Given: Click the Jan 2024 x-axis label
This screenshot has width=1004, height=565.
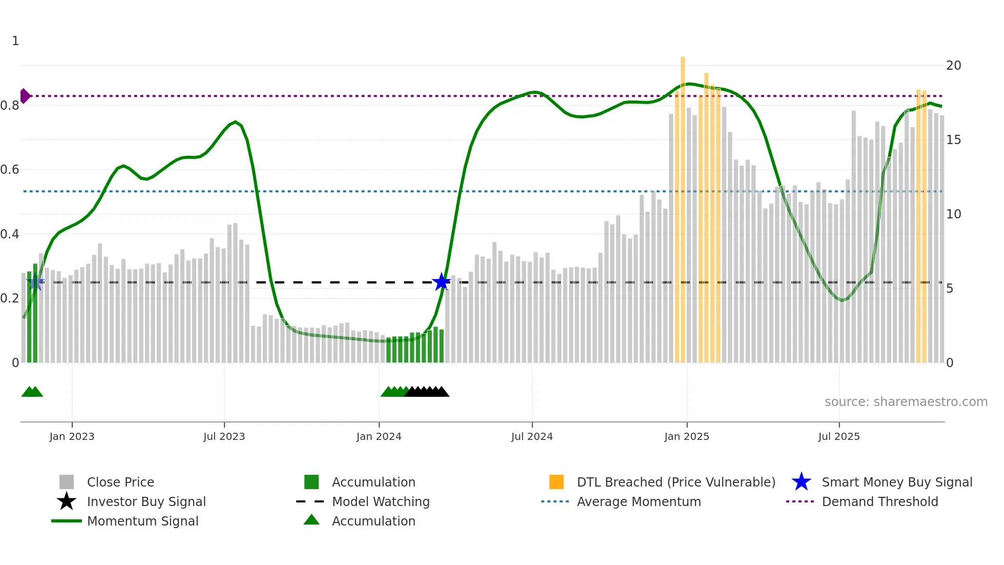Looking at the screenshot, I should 379,436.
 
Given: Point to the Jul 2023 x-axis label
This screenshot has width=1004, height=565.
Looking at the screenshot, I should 224,436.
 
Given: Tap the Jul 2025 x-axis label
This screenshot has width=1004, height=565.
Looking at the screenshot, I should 839,436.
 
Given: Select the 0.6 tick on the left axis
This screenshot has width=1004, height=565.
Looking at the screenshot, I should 10,170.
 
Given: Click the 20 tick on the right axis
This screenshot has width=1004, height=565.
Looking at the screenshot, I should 953,66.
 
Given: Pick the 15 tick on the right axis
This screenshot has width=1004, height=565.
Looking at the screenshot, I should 953,140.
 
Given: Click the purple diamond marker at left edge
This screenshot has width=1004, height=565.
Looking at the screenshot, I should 25,96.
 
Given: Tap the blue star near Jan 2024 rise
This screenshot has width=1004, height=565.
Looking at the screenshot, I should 441,282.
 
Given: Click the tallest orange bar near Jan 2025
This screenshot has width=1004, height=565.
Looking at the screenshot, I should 682,205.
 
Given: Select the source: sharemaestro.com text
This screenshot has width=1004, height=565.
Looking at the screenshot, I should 906,402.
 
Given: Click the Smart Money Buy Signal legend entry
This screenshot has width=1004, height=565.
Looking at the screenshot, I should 896,482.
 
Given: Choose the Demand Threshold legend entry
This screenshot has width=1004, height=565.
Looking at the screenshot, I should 880,501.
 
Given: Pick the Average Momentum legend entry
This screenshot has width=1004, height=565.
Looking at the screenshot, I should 638,501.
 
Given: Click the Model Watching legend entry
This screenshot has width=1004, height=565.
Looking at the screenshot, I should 380,501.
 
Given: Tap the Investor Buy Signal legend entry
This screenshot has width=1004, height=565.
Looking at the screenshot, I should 146,501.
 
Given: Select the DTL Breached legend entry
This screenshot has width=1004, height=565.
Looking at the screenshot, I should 676,482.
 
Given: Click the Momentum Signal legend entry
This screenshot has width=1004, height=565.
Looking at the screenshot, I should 142,521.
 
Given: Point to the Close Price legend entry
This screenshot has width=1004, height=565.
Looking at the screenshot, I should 120,482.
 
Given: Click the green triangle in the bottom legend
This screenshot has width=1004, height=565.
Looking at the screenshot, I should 311,520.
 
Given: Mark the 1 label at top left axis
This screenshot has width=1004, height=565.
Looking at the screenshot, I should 15,41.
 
